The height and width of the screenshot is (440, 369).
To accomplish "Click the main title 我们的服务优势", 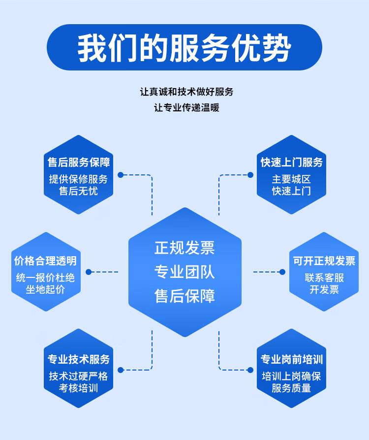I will tap(184, 48).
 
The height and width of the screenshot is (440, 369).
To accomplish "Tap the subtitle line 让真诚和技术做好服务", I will tap(186, 92).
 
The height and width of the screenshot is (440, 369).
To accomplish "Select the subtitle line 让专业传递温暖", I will tap(186, 107).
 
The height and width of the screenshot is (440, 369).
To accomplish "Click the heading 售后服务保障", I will tap(79, 162).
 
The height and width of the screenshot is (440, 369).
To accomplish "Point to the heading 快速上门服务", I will tap(292, 162).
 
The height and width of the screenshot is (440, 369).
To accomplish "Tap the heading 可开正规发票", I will tap(324, 261).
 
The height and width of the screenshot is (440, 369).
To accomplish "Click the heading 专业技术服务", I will tap(79, 359).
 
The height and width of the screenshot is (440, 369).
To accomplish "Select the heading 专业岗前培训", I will tap(292, 359).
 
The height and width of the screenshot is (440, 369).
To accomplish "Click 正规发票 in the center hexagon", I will tap(184, 247).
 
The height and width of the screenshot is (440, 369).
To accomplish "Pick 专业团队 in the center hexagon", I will tap(184, 271).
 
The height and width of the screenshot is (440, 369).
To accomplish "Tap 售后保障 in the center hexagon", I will tap(184, 296).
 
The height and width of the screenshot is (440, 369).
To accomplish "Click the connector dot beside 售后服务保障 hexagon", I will tap(120, 174).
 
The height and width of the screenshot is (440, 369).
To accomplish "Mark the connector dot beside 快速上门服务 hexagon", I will tap(250, 174).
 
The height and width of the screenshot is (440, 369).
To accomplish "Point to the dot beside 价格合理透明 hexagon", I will tap(89, 271).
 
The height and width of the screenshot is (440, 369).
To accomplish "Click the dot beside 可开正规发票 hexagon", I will tap(282, 271).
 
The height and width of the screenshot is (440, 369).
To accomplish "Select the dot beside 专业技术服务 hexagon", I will tap(120, 369).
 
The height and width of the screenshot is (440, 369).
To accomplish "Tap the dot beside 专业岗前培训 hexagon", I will tap(250, 369).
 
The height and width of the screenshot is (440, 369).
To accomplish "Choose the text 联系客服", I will tap(324, 278).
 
